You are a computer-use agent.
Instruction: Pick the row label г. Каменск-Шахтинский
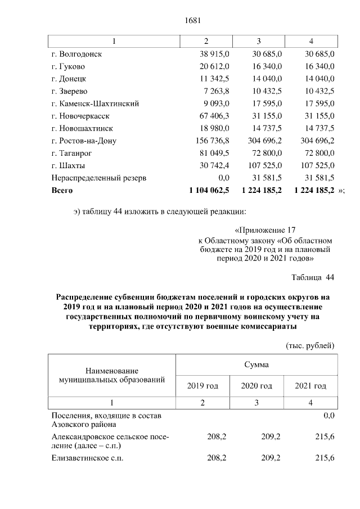point(95,103)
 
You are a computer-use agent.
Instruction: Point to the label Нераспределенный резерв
point(98,178)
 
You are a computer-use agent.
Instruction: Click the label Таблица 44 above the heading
point(313,278)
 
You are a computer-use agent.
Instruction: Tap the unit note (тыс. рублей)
point(310,345)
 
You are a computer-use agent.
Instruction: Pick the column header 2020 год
point(256,386)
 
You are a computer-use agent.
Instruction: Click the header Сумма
point(256,364)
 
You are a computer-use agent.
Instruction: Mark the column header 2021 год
point(310,386)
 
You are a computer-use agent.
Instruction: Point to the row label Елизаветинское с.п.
point(87,458)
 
